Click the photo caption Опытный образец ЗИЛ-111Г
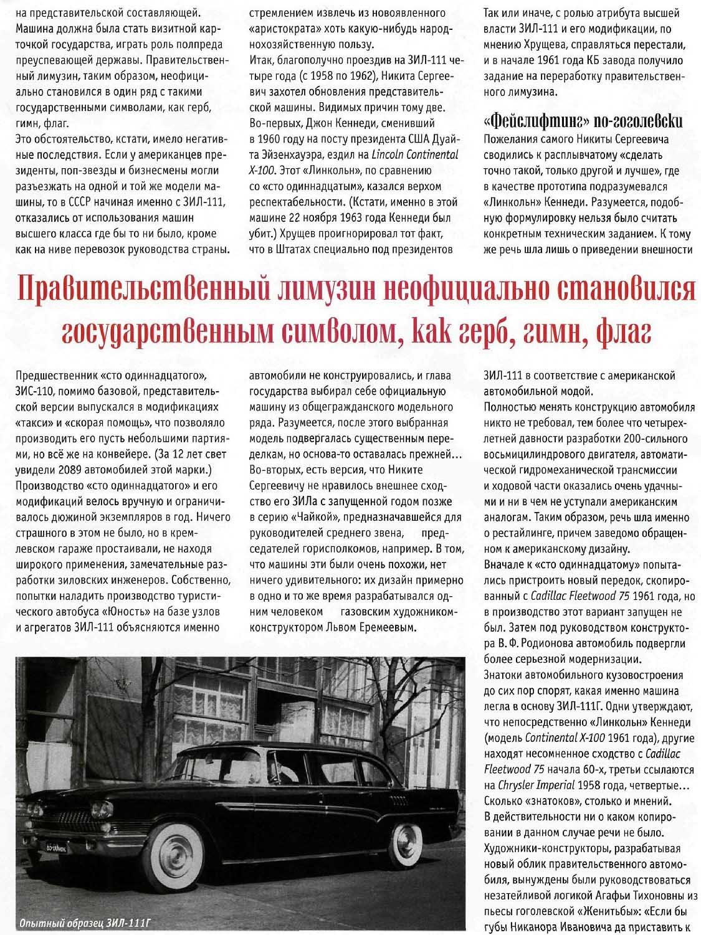click(85, 923)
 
